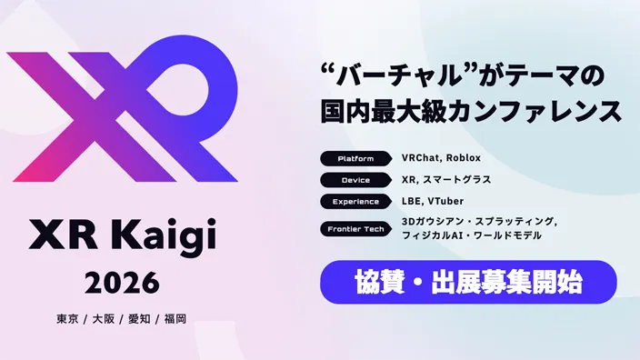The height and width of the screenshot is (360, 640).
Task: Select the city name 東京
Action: click(x=66, y=319)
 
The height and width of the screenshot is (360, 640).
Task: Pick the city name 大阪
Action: click(x=103, y=319)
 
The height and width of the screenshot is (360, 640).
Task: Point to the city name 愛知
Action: click(x=139, y=319)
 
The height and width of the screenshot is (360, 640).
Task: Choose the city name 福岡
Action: click(x=176, y=319)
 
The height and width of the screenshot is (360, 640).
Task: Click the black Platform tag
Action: click(x=355, y=158)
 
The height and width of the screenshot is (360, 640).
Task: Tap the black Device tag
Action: click(x=355, y=180)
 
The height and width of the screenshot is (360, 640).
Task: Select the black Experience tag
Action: click(x=355, y=201)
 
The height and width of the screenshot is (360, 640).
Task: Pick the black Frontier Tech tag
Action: click(x=355, y=228)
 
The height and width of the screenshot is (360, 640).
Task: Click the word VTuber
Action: click(x=446, y=201)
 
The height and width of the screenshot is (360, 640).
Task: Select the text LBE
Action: click(x=412, y=201)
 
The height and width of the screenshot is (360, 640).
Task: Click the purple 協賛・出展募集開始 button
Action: click(x=467, y=282)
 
